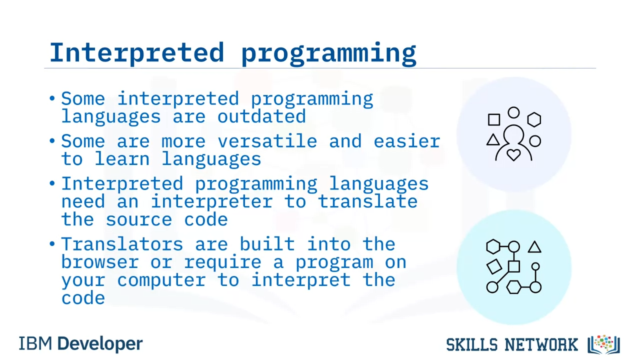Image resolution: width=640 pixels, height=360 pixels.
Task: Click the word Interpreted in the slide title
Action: (x=137, y=52)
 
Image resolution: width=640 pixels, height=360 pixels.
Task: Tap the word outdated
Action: (x=261, y=116)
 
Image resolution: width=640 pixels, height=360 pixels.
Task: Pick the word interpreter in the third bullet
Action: (x=211, y=201)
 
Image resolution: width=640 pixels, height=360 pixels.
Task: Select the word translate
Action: (x=367, y=201)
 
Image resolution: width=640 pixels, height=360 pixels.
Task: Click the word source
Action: (x=139, y=220)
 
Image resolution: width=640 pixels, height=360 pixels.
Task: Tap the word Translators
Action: (x=122, y=244)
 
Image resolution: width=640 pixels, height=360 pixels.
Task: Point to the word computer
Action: (x=161, y=280)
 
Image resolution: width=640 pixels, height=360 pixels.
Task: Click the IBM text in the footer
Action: (x=35, y=343)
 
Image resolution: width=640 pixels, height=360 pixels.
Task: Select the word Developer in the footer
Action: (x=100, y=344)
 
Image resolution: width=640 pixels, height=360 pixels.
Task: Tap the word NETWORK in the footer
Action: (x=541, y=344)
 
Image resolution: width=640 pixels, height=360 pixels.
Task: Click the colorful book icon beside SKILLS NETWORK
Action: (x=603, y=344)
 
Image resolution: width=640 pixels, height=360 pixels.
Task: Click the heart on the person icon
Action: (x=513, y=155)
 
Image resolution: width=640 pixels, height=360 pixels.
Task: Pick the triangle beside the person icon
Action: (x=493, y=139)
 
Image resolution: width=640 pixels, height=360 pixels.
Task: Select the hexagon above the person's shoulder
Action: (x=534, y=119)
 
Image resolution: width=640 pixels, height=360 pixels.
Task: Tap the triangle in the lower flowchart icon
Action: (x=534, y=247)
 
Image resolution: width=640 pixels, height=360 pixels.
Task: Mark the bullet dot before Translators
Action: (x=52, y=244)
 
